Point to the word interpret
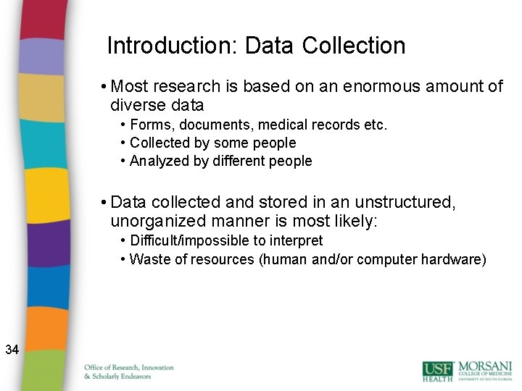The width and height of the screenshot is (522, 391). (x=296, y=240)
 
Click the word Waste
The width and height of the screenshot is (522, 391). (x=148, y=259)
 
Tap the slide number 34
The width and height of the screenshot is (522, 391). (x=12, y=350)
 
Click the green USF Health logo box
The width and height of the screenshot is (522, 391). (x=439, y=371)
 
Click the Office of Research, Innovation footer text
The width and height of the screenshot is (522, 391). (x=129, y=368)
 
